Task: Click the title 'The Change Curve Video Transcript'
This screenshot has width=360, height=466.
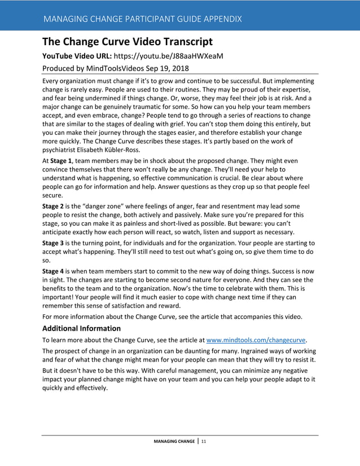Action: coord(128,41)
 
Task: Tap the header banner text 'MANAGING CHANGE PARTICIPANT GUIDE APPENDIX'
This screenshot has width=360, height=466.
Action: coord(142,19)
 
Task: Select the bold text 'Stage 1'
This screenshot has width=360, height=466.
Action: coord(63,161)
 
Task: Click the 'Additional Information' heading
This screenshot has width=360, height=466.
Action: coord(82,328)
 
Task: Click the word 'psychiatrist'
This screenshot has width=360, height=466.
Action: coord(62,151)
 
